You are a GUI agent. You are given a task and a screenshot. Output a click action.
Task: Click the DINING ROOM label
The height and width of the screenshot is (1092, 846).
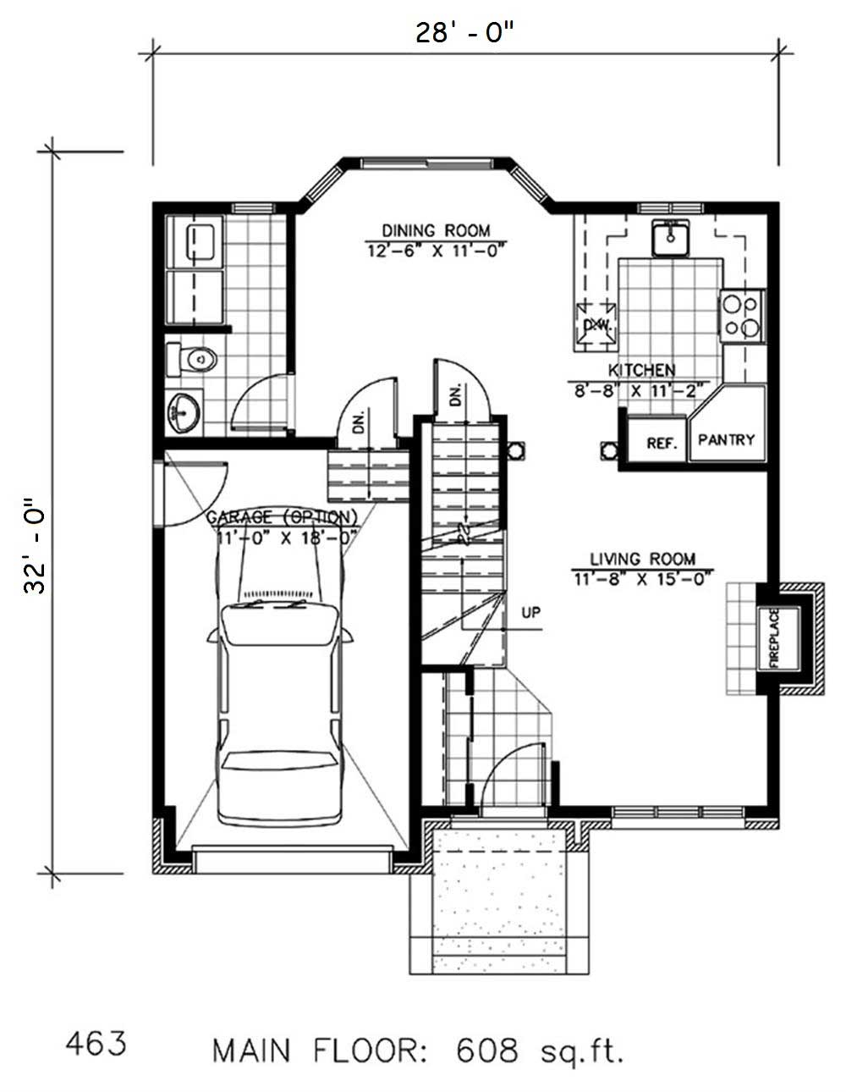(x=435, y=230)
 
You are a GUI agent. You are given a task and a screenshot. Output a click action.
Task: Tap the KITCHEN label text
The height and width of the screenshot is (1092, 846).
(x=641, y=370)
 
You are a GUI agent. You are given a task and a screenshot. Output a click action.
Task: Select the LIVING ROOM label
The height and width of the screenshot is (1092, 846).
(x=642, y=559)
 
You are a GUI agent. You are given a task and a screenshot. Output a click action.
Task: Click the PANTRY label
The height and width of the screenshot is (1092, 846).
(x=726, y=440)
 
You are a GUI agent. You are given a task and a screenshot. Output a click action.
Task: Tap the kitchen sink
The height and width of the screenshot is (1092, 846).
(x=673, y=237)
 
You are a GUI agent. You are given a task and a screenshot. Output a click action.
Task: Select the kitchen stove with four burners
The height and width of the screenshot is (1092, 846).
(x=742, y=316)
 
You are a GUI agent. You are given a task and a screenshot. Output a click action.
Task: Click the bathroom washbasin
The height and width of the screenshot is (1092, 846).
(x=184, y=413)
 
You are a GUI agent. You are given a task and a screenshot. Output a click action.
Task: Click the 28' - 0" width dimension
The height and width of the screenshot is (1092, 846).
(x=464, y=32)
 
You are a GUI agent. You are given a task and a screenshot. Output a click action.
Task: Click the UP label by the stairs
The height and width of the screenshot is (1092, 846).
(x=530, y=611)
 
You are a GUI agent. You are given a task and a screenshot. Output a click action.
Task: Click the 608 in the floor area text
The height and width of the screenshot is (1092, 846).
(x=486, y=1051)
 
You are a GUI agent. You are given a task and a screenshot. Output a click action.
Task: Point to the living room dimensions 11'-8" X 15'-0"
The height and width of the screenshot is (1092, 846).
(x=642, y=579)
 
